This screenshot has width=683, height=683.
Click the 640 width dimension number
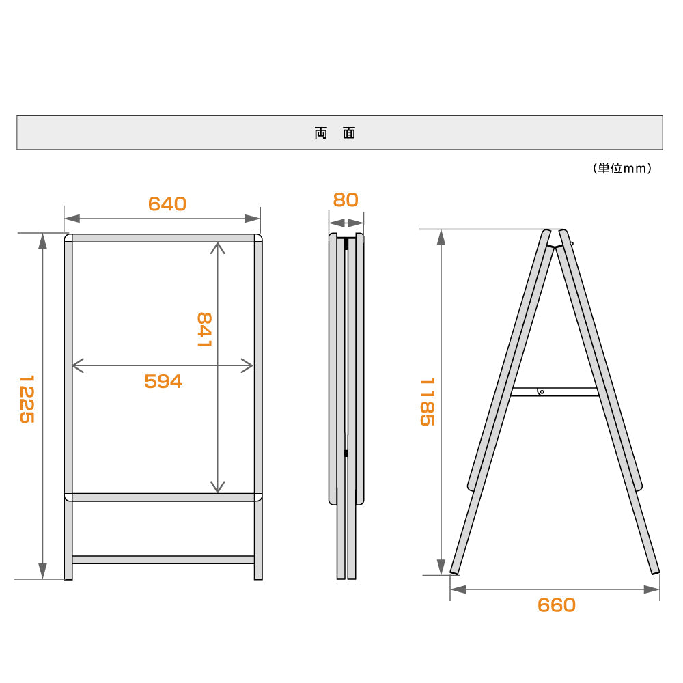click(167, 204)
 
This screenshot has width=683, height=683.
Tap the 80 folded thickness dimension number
click(346, 200)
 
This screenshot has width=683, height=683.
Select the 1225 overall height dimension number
click(27, 399)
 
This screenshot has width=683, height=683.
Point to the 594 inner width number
click(163, 382)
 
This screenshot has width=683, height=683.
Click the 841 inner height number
click(204, 329)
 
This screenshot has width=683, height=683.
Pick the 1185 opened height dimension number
click(428, 402)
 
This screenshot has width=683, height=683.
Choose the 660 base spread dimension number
click(557, 605)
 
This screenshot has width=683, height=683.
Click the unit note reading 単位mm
click(622, 169)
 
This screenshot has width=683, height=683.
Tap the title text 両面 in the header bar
click(335, 133)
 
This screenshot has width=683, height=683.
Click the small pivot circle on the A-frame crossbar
click(542, 392)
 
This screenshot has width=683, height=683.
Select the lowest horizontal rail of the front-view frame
click(163, 560)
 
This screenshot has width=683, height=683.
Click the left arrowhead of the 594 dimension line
click(78, 365)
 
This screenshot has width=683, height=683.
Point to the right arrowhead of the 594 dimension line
click(247, 365)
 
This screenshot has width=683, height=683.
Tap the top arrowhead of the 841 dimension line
click(218, 248)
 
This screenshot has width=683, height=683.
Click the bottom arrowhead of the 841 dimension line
click(218, 487)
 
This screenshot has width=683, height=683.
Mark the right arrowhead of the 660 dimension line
click(652, 589)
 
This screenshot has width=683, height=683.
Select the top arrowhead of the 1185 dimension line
click(441, 238)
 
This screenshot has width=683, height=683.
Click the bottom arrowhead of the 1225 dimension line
click(42, 570)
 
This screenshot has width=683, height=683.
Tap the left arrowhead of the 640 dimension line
click(72, 219)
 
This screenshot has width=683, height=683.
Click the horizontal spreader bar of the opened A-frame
click(555, 392)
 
